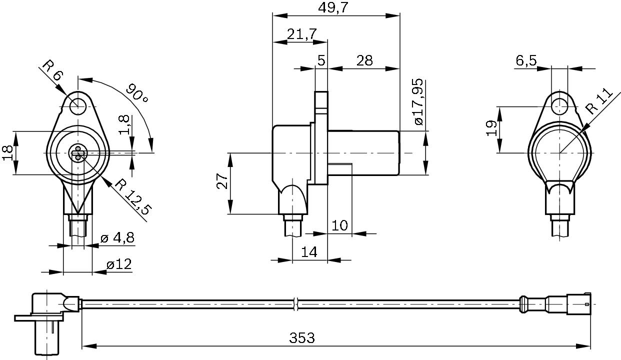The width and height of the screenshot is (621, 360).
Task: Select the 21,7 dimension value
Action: click(x=301, y=34)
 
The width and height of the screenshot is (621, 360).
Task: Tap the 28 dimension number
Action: click(x=364, y=60)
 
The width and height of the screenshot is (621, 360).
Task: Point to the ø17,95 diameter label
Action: click(x=418, y=102)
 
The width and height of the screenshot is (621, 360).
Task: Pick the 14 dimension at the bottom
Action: click(x=309, y=252)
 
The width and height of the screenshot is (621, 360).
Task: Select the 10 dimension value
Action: click(x=339, y=225)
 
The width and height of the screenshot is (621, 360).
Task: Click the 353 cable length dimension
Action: click(x=302, y=338)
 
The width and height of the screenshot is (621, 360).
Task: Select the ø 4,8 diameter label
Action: click(x=117, y=238)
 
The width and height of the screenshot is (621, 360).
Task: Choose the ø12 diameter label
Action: click(x=119, y=264)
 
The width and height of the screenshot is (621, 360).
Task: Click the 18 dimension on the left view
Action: click(x=7, y=152)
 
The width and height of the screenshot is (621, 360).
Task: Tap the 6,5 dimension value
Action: click(x=526, y=60)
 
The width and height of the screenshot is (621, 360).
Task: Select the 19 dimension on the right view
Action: click(x=492, y=129)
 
